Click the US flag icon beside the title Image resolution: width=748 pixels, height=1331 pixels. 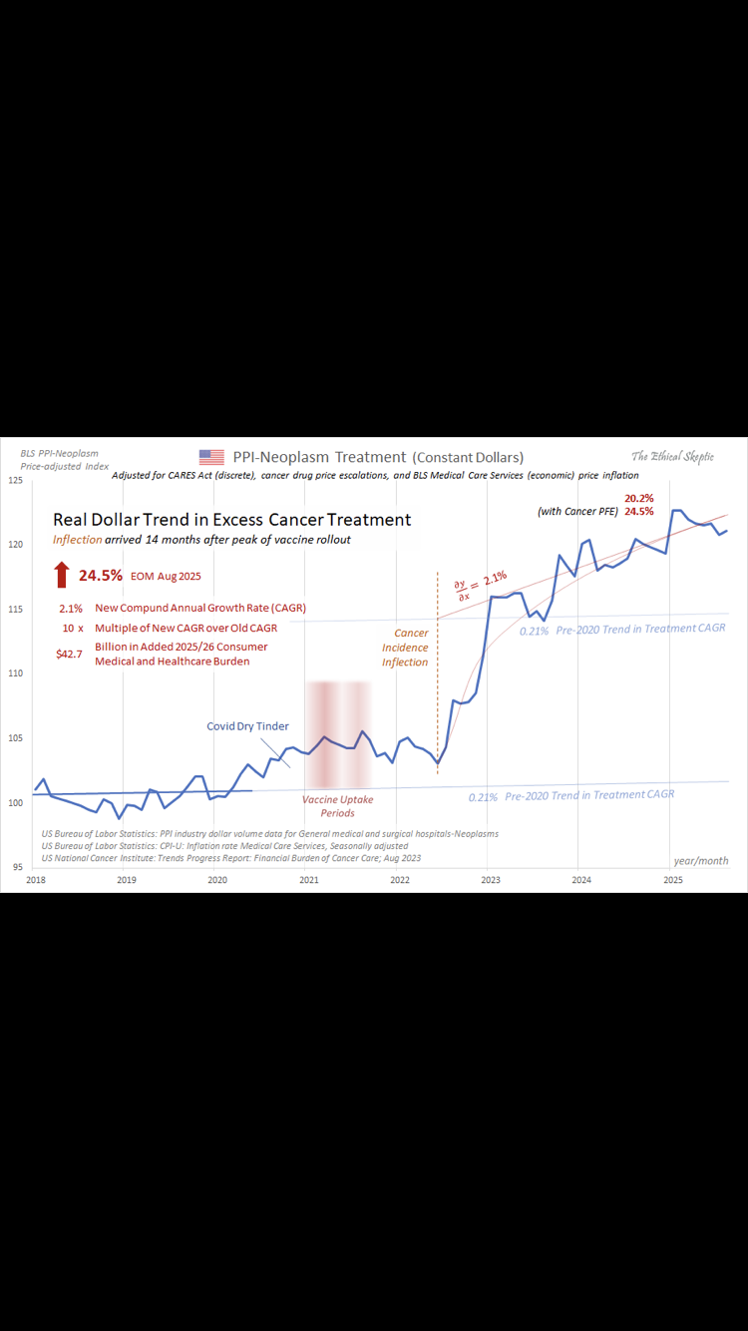click(x=211, y=457)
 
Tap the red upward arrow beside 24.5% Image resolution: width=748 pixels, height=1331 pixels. click(x=62, y=575)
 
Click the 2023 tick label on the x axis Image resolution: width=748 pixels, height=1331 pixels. click(x=491, y=880)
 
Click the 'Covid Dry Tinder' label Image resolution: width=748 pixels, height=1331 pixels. click(x=247, y=726)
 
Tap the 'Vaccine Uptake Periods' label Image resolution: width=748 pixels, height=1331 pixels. click(x=338, y=806)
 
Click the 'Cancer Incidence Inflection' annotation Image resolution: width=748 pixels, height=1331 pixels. click(x=405, y=648)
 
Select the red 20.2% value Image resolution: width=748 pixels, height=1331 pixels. click(x=639, y=498)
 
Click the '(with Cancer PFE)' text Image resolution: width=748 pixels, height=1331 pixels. click(x=577, y=512)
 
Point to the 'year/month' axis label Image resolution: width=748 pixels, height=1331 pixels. click(x=700, y=860)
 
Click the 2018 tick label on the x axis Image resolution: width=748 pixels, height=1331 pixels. click(x=35, y=880)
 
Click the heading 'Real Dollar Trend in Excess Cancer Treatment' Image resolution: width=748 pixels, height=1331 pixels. click(x=231, y=520)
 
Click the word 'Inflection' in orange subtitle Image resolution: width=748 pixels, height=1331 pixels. click(x=77, y=540)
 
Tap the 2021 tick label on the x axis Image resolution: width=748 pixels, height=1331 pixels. click(x=309, y=880)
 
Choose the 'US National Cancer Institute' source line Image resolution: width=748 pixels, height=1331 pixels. click(x=230, y=858)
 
